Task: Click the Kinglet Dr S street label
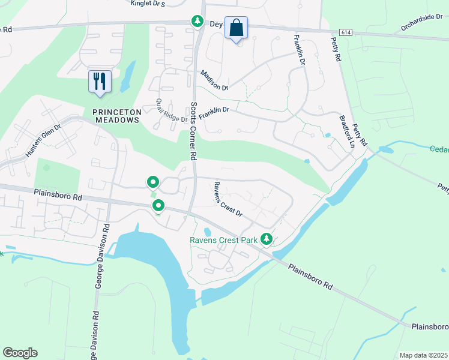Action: tap(148, 4)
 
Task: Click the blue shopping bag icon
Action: tap(236, 28)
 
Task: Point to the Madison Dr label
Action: tap(215, 80)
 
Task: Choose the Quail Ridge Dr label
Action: tap(171, 110)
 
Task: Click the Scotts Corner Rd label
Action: tap(194, 130)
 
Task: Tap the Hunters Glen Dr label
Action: tap(43, 141)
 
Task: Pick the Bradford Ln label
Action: tap(348, 131)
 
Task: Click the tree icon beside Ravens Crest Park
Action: tap(267, 239)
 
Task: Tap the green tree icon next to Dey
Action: tap(197, 22)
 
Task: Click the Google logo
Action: tap(20, 353)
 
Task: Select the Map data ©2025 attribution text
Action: tap(423, 355)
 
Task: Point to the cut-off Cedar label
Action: tap(439, 149)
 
